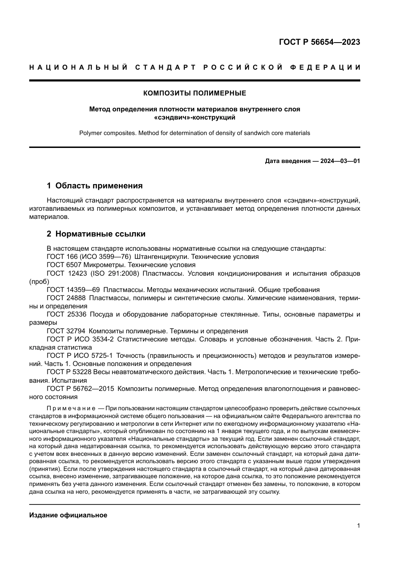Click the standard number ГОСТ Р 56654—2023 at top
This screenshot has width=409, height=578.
[x=319, y=42]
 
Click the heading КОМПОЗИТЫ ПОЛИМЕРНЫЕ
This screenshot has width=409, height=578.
[x=195, y=93]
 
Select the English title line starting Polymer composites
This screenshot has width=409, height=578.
[x=195, y=133]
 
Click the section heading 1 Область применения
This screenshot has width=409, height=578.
[x=94, y=186]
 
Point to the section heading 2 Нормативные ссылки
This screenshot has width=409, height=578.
[x=96, y=234]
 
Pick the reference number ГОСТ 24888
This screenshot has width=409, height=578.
[x=66, y=298]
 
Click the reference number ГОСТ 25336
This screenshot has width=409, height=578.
[x=66, y=314]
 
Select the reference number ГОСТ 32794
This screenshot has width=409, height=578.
[x=66, y=331]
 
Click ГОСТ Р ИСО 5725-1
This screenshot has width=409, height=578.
[x=80, y=356]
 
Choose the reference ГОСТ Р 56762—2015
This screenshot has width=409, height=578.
[x=80, y=389]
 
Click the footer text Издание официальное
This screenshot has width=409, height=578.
[x=68, y=515]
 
